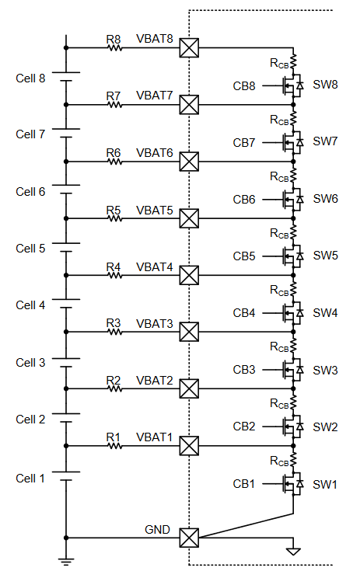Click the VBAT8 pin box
click(189, 48)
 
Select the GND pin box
click(189, 538)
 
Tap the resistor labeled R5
click(115, 218)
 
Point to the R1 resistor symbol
click(115, 446)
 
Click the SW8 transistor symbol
click(292, 86)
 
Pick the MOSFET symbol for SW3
click(292, 370)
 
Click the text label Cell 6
click(30, 192)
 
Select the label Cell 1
click(30, 479)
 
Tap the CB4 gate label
click(244, 313)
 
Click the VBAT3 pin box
click(189, 332)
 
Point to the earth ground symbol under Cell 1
click(66, 562)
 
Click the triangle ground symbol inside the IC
click(293, 552)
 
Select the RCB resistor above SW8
click(293, 62)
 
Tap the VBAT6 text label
click(155, 152)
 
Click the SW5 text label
click(325, 256)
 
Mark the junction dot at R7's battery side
click(66, 105)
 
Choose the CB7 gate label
click(244, 143)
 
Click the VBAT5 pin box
click(189, 218)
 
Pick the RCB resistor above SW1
click(293, 459)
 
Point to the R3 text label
click(114, 323)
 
